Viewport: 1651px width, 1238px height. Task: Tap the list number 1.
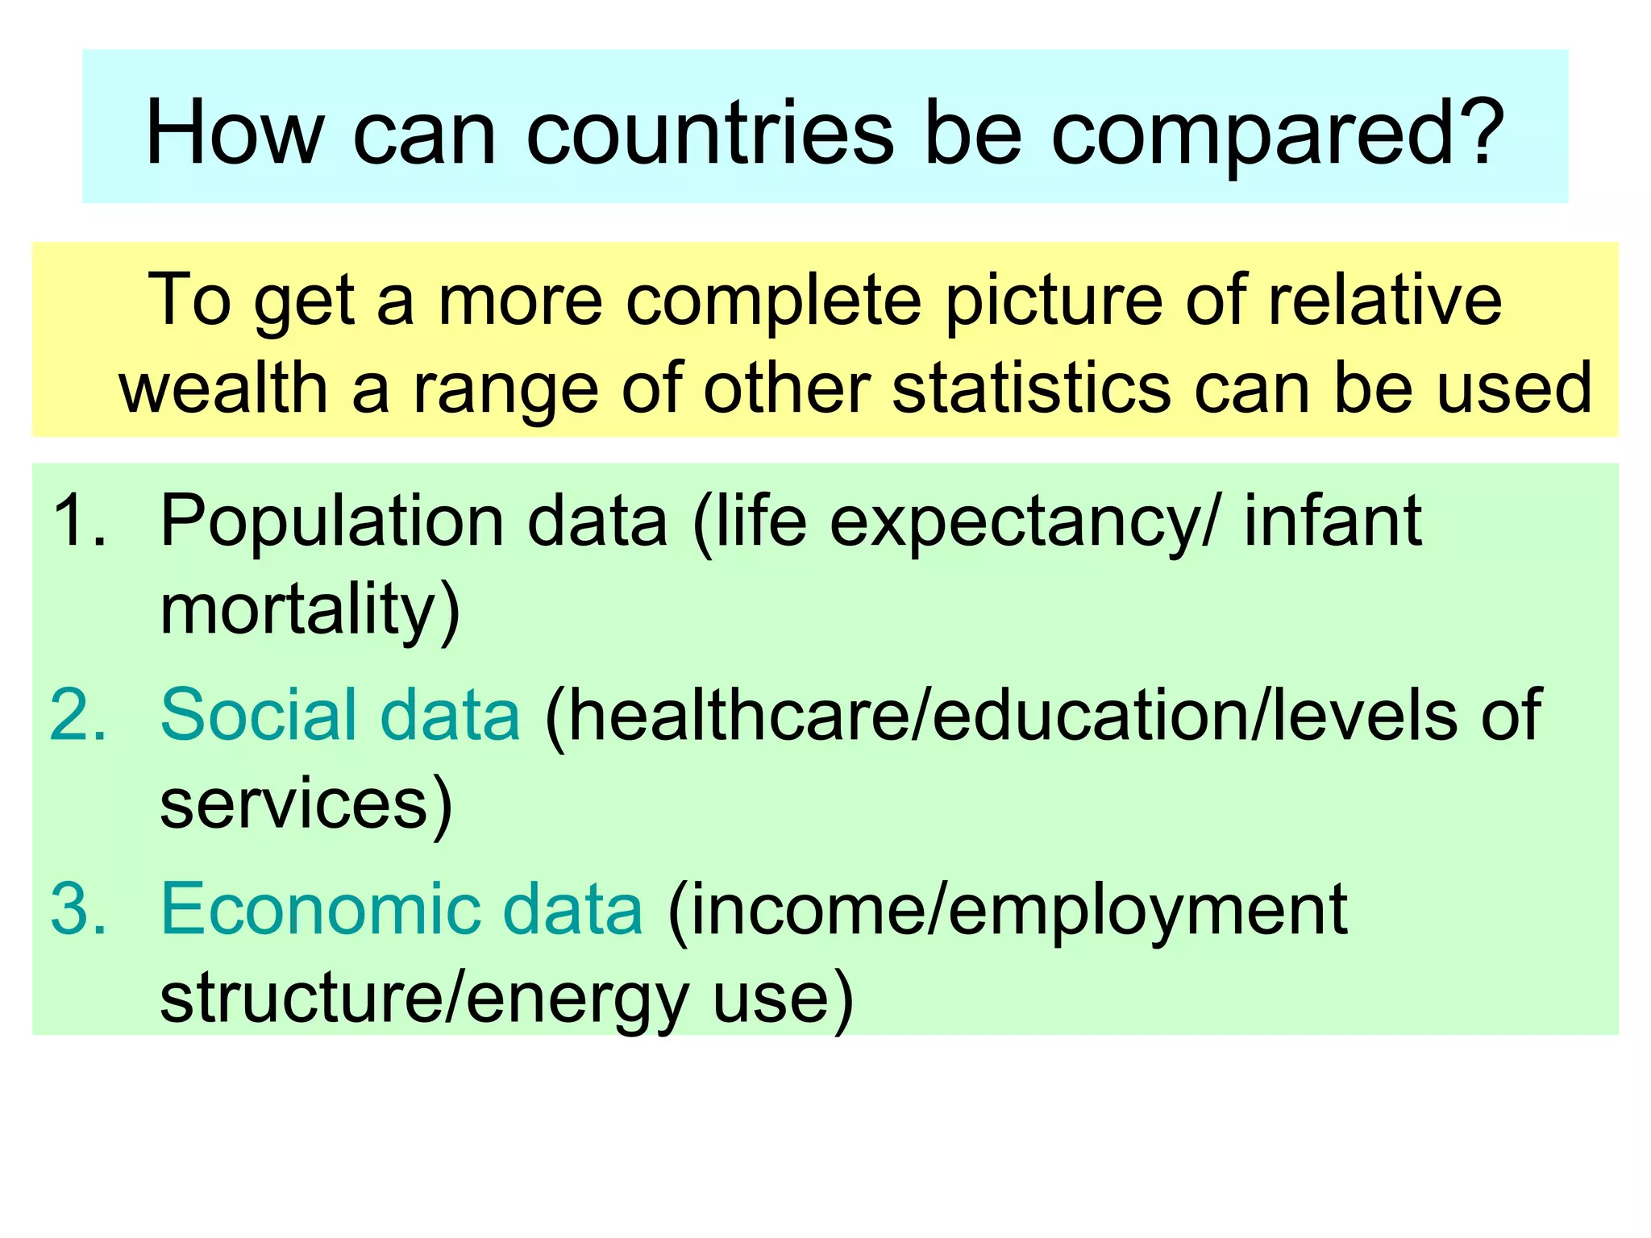point(77,521)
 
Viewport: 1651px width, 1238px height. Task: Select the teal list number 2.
point(77,715)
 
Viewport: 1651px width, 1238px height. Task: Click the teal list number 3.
point(77,909)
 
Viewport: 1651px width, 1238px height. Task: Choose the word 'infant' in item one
point(1333,521)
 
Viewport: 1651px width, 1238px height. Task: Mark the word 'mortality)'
point(310,611)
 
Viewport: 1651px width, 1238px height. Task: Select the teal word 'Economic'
point(319,909)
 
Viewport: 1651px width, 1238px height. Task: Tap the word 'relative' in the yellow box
point(1384,300)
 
